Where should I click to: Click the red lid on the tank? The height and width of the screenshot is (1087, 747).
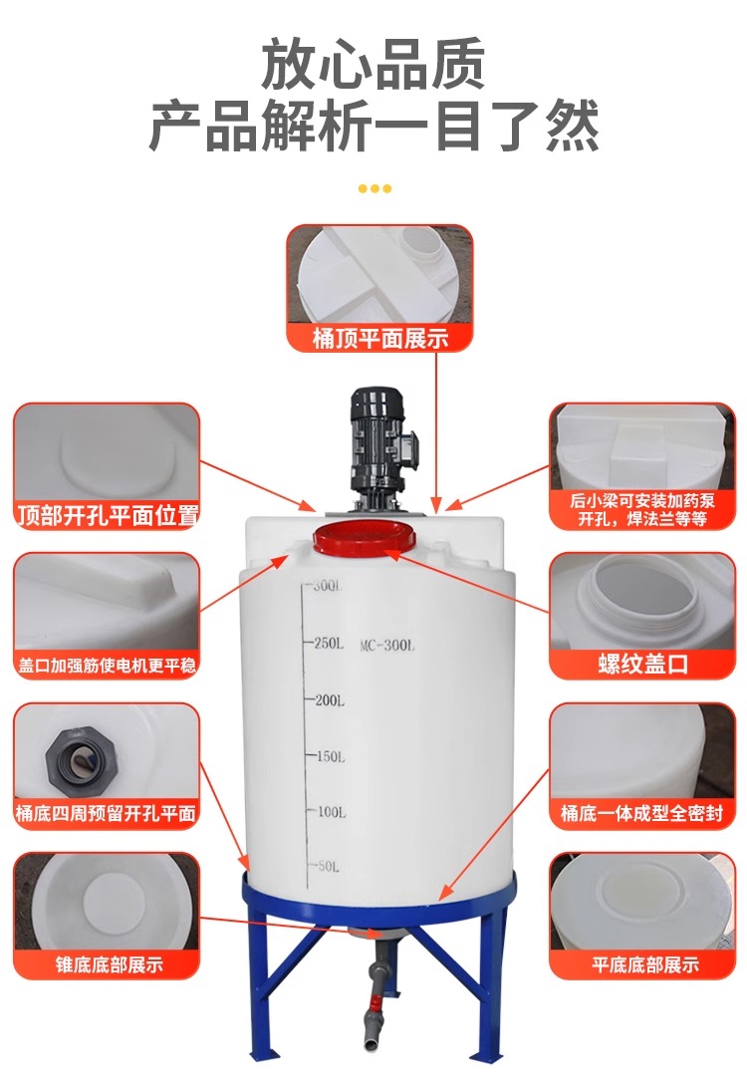point(365,538)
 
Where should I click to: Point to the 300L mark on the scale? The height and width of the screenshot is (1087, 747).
point(327,586)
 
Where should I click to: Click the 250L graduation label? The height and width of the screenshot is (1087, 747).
point(329,644)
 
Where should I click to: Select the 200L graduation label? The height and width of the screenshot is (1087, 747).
point(330,700)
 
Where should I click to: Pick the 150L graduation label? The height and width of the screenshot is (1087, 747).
point(331,756)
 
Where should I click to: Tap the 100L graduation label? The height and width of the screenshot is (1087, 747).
point(332,812)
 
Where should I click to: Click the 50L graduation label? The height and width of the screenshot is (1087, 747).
point(329,867)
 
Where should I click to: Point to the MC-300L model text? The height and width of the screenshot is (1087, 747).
point(387,646)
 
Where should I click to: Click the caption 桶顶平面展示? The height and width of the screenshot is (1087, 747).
point(380,339)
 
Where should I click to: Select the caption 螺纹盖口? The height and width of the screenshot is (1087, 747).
point(642,664)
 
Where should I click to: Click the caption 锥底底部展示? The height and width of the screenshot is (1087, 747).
point(109,964)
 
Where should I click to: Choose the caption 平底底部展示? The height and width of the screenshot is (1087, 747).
point(645,964)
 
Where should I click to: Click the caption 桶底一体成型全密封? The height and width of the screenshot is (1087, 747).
point(641,813)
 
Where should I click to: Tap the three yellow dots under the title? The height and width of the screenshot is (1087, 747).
point(374,188)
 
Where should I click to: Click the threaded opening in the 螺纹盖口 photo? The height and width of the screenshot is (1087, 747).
point(643,594)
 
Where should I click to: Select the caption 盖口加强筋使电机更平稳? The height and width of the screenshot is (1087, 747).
point(107,666)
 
